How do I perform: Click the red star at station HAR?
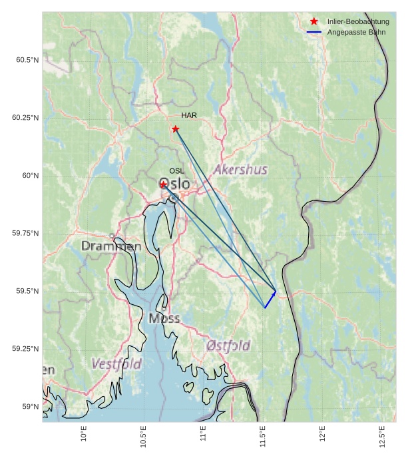coord(175,128)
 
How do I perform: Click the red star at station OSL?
coord(163,184)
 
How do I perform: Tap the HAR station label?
coord(189,115)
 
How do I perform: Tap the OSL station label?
coord(176,171)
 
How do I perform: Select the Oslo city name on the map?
coord(175,184)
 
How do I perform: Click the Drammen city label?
coord(111,246)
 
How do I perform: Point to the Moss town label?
coord(164,318)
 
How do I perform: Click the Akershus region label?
coord(240,170)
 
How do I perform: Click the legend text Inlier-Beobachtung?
coord(358,22)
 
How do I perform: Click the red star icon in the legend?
coord(314,22)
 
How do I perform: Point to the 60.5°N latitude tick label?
coord(27,60)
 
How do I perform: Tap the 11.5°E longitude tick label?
coord(263,437)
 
